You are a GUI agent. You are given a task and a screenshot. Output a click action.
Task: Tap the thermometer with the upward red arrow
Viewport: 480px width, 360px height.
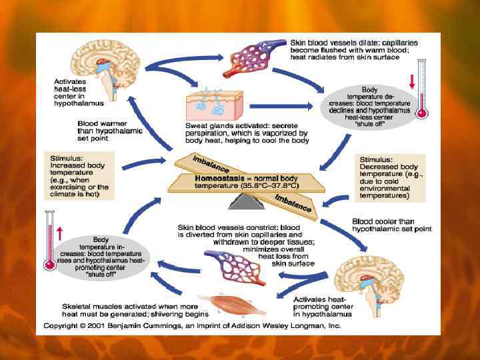point(49,240)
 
